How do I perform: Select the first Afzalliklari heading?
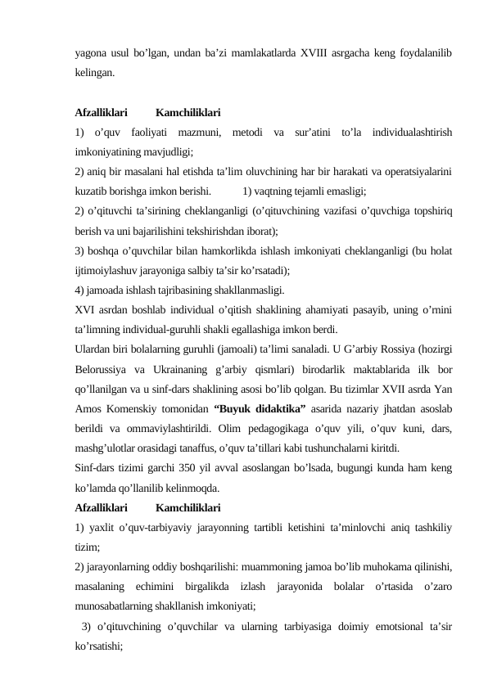100,113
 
